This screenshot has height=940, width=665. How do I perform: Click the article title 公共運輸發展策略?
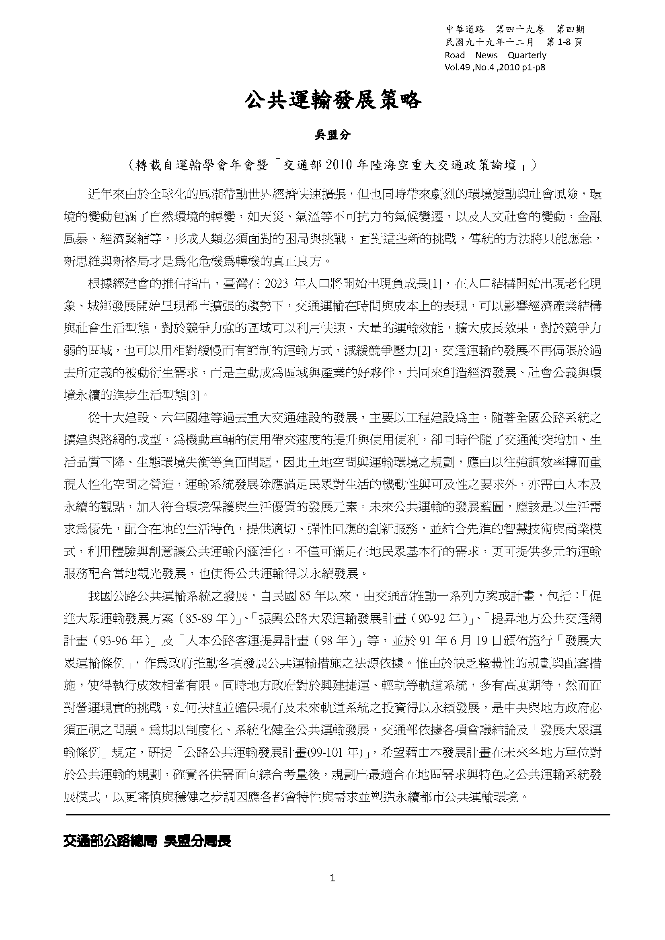pos(332,100)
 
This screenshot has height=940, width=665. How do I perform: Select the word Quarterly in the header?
pos(527,55)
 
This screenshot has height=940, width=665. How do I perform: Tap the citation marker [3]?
pos(193,396)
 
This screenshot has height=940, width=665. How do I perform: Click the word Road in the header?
pos(455,55)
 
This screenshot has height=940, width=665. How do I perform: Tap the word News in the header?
pos(486,55)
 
